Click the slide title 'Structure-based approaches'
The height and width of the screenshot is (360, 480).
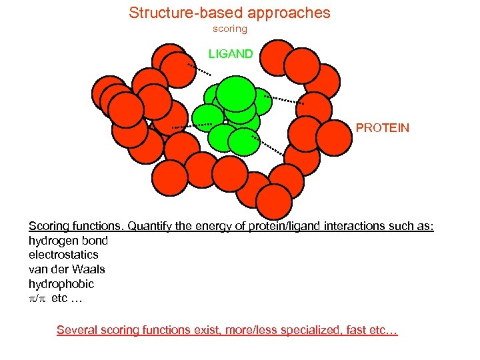[229, 13]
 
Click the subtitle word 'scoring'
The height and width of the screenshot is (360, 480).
[229, 29]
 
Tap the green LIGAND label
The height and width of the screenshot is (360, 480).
[231, 54]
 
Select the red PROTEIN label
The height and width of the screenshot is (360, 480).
[382, 127]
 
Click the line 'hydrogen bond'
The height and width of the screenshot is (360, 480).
[68, 240]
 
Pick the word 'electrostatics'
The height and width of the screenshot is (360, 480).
[63, 255]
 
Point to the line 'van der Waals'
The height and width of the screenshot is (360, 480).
[67, 269]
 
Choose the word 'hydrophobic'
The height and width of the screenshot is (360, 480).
[61, 284]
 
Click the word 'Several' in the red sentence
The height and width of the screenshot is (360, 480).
[76, 330]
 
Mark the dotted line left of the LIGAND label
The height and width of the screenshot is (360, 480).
[199, 69]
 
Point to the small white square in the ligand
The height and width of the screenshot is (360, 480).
[226, 123]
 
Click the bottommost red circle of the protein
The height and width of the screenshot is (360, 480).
[274, 201]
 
